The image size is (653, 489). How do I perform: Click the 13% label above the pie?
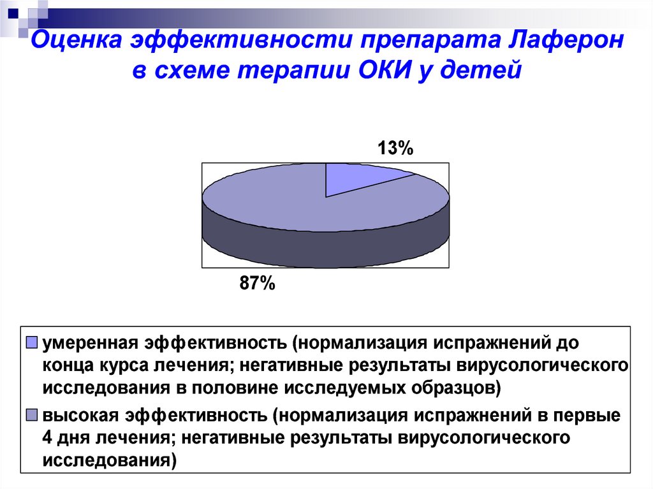(x=395, y=149)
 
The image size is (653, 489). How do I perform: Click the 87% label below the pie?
(x=258, y=283)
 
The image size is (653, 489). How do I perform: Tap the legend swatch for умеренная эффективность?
(x=32, y=342)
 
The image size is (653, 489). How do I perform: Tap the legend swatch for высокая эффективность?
(x=32, y=415)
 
